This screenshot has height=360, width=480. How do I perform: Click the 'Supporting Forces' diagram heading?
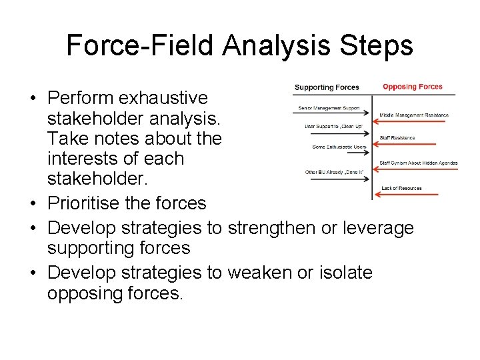(327, 87)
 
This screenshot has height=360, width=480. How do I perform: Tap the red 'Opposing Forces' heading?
(412, 87)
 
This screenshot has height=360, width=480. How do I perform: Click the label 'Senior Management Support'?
(329, 108)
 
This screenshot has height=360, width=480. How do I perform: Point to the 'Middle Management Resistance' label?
(414, 115)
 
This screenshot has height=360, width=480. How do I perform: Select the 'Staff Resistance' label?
(397, 138)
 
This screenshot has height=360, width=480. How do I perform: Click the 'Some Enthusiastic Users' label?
(339, 147)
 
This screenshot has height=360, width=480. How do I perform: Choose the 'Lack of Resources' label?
(401, 189)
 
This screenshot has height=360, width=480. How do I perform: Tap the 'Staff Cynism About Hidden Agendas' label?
(418, 163)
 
